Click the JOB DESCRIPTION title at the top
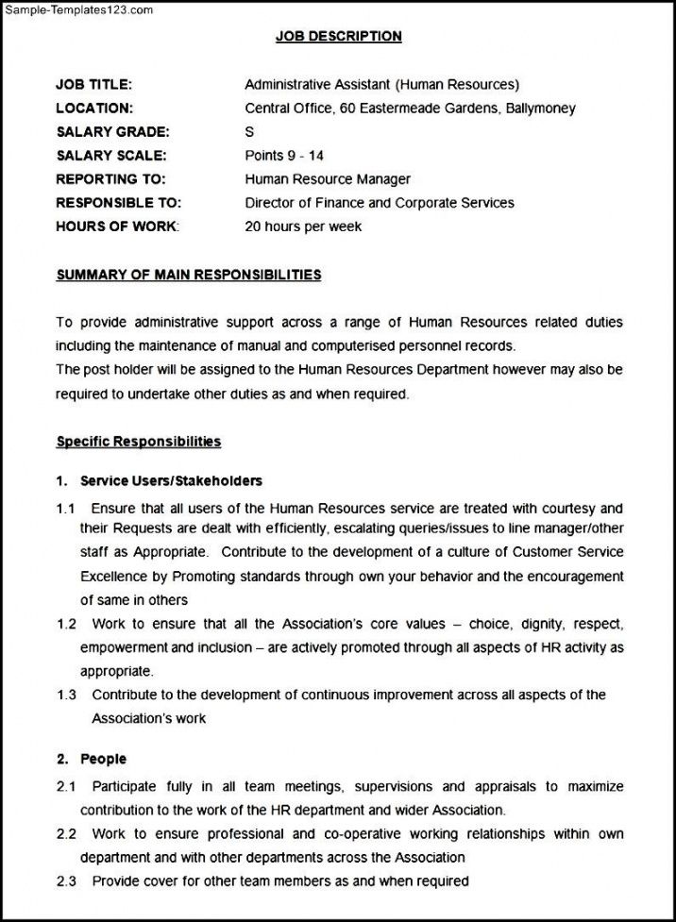[338, 37]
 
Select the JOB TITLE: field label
[93, 85]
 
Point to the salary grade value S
[249, 132]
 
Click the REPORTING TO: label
[110, 179]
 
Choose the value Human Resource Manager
[328, 179]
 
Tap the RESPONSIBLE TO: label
[118, 203]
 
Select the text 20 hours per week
[303, 226]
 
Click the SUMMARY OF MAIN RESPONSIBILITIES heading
[189, 276]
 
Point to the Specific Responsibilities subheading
[139, 442]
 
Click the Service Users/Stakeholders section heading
[171, 481]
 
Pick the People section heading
[103, 759]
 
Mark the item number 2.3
[66, 881]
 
